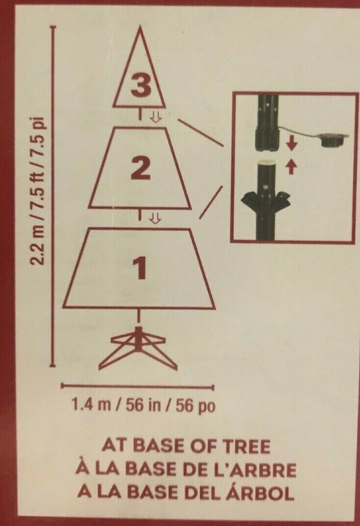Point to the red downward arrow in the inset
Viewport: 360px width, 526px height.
(x=292, y=144)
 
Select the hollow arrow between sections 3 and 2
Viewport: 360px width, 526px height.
(x=155, y=117)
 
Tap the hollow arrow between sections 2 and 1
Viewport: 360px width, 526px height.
(x=155, y=219)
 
